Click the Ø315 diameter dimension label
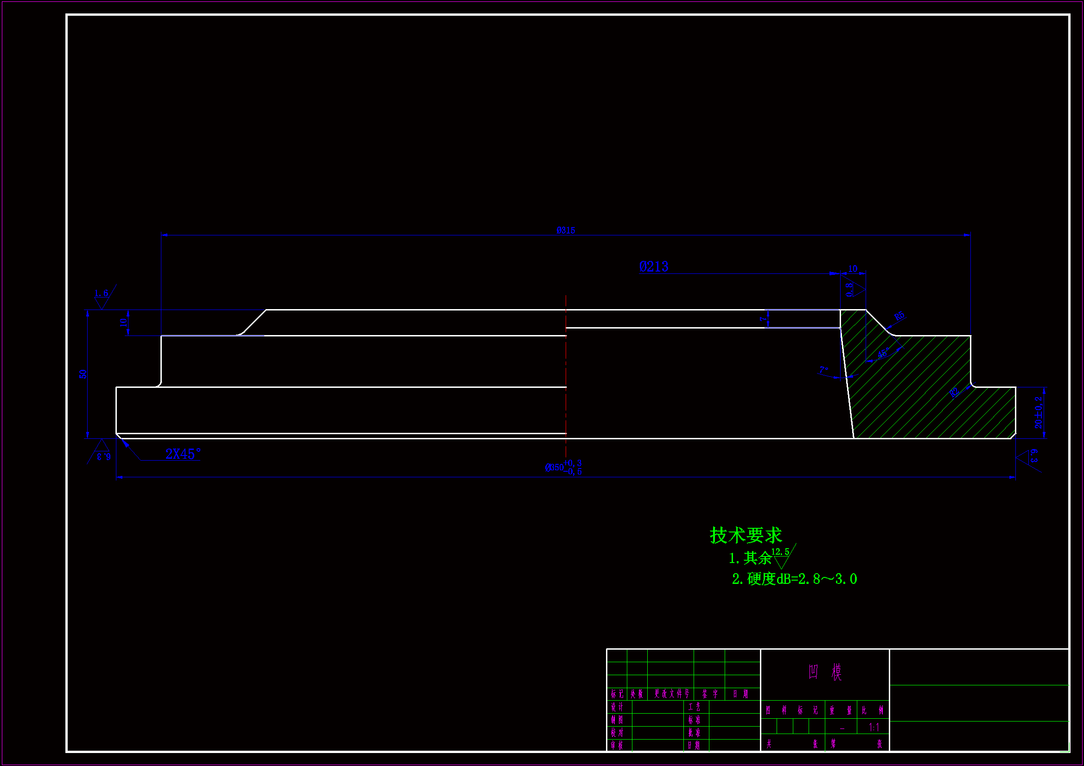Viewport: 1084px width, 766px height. click(565, 230)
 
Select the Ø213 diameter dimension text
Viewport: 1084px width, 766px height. click(653, 266)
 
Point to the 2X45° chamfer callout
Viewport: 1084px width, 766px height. click(183, 454)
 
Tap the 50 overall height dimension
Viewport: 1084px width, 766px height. click(83, 374)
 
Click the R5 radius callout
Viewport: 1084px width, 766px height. click(899, 316)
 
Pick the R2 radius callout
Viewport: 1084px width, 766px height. click(954, 392)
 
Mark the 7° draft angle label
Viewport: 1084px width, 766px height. click(824, 370)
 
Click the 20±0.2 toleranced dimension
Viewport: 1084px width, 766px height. click(1038, 412)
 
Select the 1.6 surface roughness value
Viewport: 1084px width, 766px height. click(101, 293)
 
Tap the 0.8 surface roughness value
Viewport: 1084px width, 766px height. click(849, 289)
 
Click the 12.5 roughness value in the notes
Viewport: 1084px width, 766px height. click(780, 552)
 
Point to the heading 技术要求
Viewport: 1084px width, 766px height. click(746, 535)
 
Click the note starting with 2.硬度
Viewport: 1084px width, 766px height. click(794, 579)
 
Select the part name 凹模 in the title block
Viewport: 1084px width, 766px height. click(824, 671)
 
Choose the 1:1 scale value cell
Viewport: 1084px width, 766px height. click(874, 727)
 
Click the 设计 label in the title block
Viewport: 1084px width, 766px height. click(617, 707)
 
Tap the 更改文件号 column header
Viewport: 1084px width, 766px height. click(671, 693)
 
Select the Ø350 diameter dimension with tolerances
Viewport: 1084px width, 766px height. click(563, 467)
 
